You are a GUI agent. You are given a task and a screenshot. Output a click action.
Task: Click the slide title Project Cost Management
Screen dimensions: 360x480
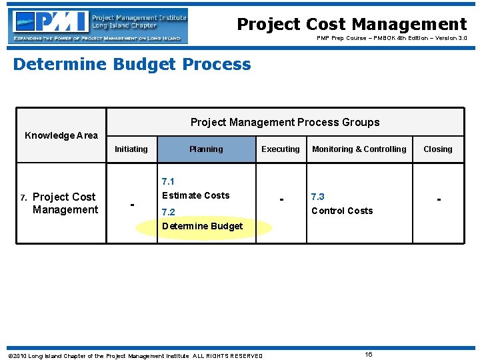tap(352, 25)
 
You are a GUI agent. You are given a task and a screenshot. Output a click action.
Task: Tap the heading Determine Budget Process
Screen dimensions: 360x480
tap(132, 65)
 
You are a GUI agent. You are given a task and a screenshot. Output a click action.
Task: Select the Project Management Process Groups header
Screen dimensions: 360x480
tap(285, 122)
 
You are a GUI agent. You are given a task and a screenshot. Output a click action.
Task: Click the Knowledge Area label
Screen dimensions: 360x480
tap(61, 135)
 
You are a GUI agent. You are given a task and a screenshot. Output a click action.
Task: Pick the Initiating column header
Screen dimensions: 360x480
tap(131, 149)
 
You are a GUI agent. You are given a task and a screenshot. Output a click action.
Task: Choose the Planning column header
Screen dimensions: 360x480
tap(206, 149)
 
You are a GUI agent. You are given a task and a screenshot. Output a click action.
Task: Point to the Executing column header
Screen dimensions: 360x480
tap(281, 149)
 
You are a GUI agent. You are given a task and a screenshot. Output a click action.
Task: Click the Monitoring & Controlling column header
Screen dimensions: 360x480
tap(359, 149)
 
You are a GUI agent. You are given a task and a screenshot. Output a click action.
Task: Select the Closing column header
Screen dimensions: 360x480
tap(438, 149)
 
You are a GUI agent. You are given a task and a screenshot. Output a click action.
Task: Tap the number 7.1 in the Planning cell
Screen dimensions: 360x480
tap(168, 181)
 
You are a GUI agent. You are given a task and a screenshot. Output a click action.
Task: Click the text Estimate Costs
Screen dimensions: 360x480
tap(195, 195)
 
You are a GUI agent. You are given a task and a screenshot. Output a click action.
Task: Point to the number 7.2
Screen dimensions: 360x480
tap(168, 212)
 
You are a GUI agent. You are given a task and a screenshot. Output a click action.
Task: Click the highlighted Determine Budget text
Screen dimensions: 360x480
tap(203, 226)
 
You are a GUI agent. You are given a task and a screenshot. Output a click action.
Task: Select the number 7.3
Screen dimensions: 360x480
tap(318, 197)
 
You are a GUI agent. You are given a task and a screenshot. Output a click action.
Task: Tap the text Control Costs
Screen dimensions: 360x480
tap(342, 211)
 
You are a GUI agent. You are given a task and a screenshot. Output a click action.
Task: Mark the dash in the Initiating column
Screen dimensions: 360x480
tap(132, 203)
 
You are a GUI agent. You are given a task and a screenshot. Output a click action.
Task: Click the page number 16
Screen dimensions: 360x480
tap(368, 354)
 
